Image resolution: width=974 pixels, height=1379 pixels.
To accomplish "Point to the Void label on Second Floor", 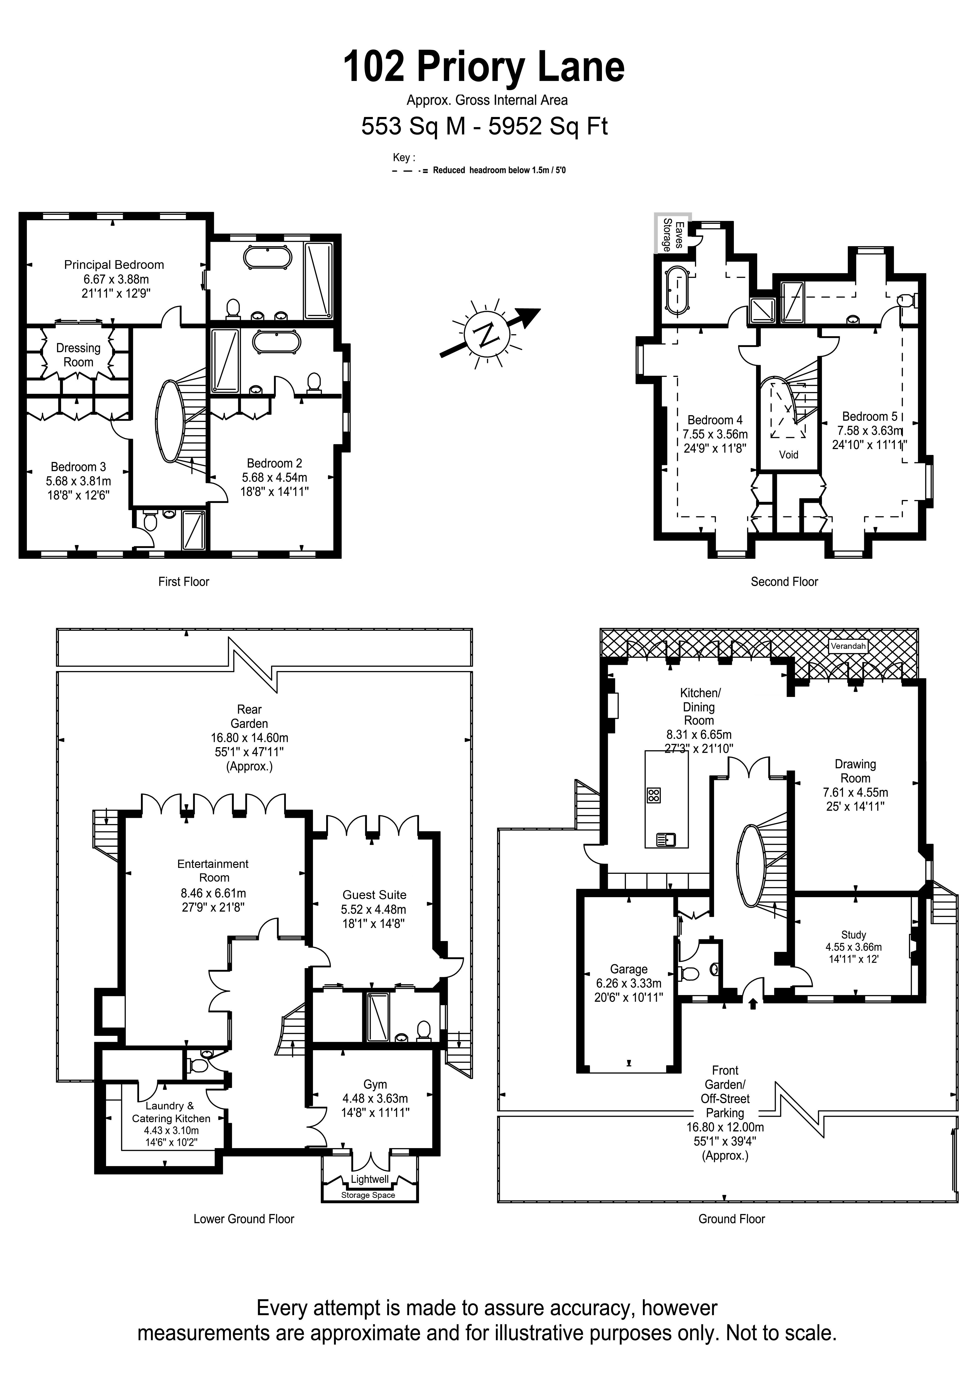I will pyautogui.click(x=788, y=455).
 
